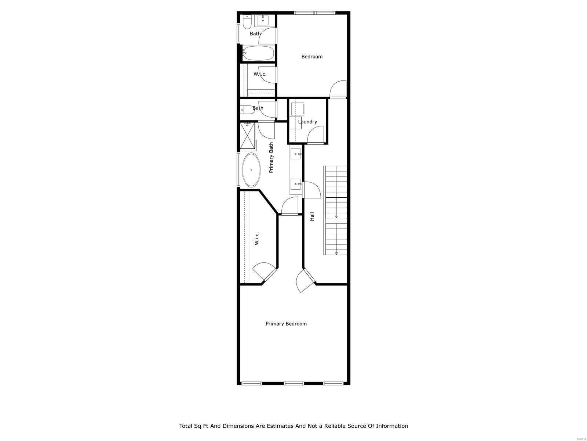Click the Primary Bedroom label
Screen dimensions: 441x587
(x=286, y=324)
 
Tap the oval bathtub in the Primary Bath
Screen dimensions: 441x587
(x=251, y=170)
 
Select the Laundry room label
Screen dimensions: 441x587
(x=307, y=122)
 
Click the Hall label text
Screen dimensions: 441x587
(x=312, y=216)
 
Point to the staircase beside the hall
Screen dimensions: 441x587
(x=335, y=210)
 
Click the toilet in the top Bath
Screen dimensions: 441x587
(x=247, y=22)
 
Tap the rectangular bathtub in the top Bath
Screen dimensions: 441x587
(x=258, y=53)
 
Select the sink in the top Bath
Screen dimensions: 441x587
(x=263, y=21)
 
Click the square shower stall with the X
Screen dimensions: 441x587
(x=248, y=136)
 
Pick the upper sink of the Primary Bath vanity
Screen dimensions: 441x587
(x=296, y=154)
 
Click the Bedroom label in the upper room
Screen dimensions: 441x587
(x=312, y=57)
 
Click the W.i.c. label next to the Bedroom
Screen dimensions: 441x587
(x=260, y=74)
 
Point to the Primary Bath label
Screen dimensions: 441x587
(x=271, y=158)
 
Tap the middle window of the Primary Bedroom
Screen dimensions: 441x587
(x=294, y=383)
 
